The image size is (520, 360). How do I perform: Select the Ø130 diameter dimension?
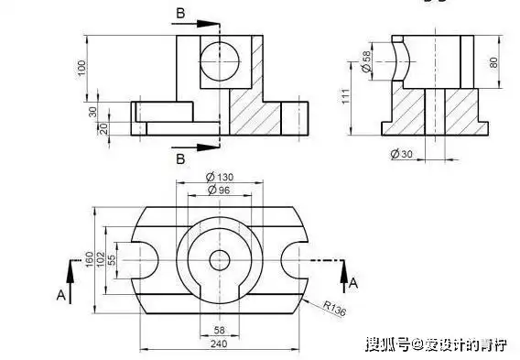220,176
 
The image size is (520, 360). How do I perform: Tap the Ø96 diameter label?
220,189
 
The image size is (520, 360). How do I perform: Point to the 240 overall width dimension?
220,344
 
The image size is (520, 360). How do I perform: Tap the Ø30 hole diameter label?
401,154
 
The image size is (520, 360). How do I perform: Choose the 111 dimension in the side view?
346,96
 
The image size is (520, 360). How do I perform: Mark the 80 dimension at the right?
494,62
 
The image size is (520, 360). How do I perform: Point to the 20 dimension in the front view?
103,128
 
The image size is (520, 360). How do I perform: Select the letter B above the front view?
179,14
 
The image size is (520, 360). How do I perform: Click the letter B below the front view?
180,158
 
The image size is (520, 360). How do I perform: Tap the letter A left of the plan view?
60,295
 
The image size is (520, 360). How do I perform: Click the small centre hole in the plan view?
220,260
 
